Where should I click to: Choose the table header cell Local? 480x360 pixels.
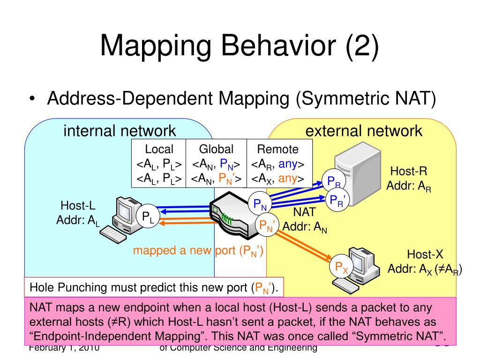point(159,150)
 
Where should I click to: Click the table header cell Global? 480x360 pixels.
point(216,150)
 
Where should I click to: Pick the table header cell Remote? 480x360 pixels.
point(278,150)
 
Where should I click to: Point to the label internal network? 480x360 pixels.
point(120,131)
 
